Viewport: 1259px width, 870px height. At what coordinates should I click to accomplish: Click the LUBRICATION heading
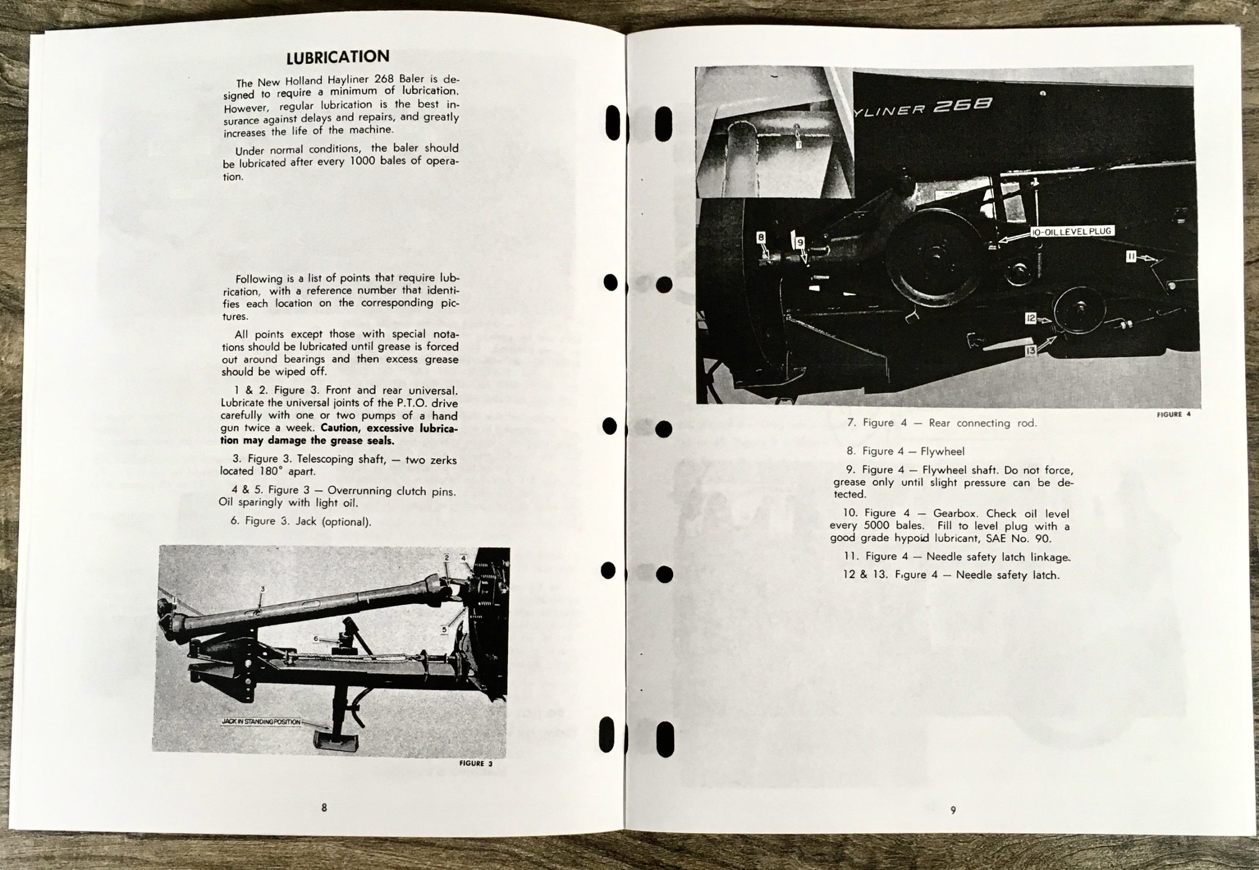pos(337,57)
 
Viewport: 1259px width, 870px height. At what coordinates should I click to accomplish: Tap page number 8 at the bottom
pos(324,808)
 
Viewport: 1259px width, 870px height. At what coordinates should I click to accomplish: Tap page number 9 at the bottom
pos(953,810)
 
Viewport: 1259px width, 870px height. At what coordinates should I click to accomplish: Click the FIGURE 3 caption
pos(476,763)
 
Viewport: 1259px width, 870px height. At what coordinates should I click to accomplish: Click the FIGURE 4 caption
pos(1173,414)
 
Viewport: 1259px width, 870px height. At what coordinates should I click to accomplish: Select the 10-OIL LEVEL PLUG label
pos(1071,232)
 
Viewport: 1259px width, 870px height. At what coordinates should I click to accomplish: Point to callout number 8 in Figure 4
pos(761,238)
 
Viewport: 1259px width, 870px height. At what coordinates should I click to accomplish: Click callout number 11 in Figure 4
pos(1131,256)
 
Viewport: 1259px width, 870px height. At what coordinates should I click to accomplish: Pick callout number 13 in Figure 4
pos(1030,351)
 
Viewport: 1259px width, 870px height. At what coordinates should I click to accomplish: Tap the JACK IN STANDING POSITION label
pos(261,722)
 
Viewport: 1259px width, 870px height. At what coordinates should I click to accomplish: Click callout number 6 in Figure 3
pos(316,638)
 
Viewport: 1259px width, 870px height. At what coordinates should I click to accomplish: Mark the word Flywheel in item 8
pos(942,451)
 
